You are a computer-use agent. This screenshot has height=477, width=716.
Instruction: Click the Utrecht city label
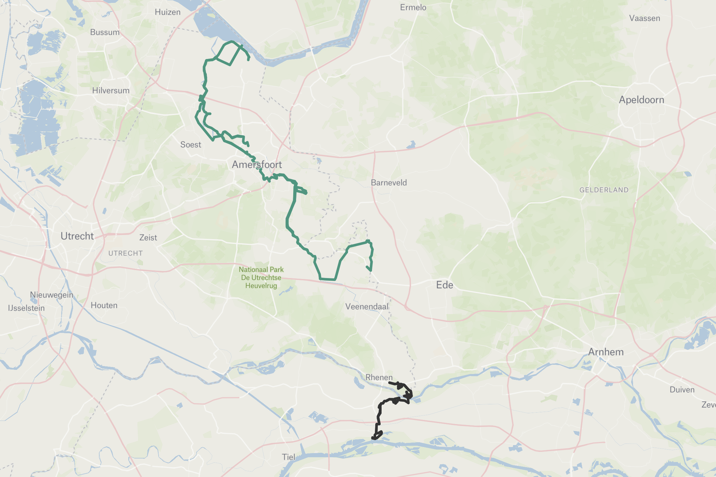pyautogui.click(x=77, y=236)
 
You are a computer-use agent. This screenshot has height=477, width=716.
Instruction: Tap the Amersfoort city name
pyautogui.click(x=257, y=165)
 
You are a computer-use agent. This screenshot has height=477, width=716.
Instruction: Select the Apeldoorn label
pyautogui.click(x=641, y=100)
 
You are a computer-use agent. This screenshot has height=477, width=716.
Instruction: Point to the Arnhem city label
pyautogui.click(x=606, y=352)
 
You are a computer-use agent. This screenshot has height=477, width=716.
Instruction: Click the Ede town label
pyautogui.click(x=444, y=285)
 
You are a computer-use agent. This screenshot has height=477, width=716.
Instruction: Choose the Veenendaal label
pyautogui.click(x=367, y=307)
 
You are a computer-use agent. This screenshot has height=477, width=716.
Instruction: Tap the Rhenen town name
pyautogui.click(x=379, y=378)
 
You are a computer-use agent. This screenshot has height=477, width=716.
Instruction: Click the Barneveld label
pyautogui.click(x=389, y=183)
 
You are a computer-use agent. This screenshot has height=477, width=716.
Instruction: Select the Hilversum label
pyautogui.click(x=111, y=91)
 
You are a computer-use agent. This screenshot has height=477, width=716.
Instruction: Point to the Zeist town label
pyautogui.click(x=148, y=238)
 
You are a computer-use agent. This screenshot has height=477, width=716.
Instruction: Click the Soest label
pyautogui.click(x=191, y=145)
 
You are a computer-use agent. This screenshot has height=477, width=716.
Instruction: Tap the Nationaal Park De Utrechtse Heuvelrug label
pyautogui.click(x=261, y=278)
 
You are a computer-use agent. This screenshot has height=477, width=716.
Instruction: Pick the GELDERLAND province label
pyautogui.click(x=604, y=190)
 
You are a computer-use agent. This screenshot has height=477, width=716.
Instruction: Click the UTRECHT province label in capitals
pyautogui.click(x=125, y=253)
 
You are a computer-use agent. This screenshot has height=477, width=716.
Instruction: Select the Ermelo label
pyautogui.click(x=413, y=7)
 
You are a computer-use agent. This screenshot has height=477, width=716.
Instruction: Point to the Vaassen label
pyautogui.click(x=645, y=18)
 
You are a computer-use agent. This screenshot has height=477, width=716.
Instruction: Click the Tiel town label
pyautogui.click(x=288, y=457)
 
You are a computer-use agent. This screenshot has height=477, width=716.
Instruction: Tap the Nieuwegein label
pyautogui.click(x=52, y=295)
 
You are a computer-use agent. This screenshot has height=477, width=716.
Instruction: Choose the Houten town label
pyautogui.click(x=104, y=305)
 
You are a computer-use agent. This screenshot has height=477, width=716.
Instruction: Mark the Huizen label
pyautogui.click(x=168, y=12)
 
